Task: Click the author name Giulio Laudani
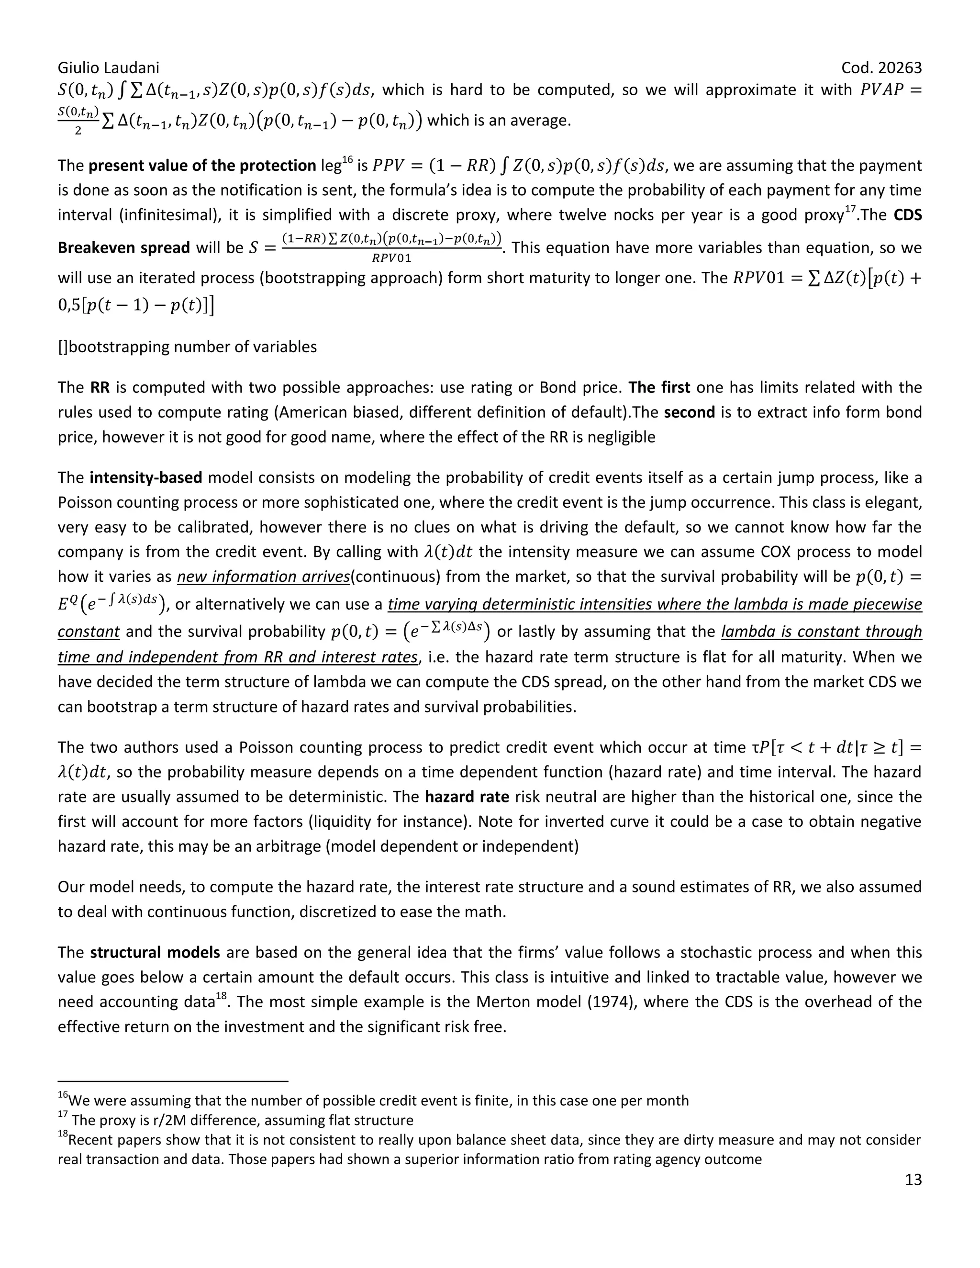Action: click(x=108, y=68)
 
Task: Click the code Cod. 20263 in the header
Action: click(x=881, y=68)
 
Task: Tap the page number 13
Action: click(x=913, y=1179)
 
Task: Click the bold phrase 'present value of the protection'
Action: click(x=202, y=166)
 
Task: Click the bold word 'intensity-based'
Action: click(x=146, y=478)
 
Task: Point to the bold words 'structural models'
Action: click(x=155, y=953)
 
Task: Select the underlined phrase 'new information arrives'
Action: click(x=263, y=577)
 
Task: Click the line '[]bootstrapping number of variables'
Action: click(x=187, y=347)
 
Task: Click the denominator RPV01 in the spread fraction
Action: click(x=391, y=258)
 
